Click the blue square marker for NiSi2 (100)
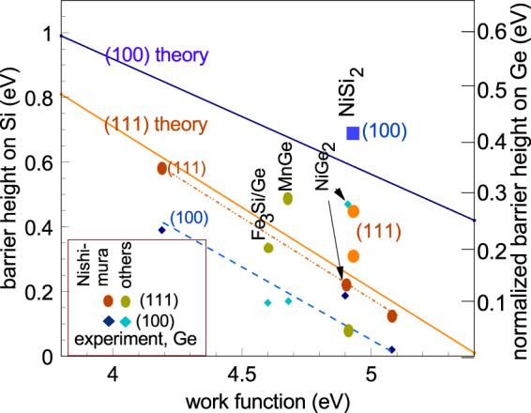[x=353, y=133]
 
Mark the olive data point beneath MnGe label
[x=288, y=198]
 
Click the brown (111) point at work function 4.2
[x=161, y=168]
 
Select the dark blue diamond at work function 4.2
[x=161, y=230]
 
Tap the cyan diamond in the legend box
[x=125, y=320]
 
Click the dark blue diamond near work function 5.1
[x=392, y=350]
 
